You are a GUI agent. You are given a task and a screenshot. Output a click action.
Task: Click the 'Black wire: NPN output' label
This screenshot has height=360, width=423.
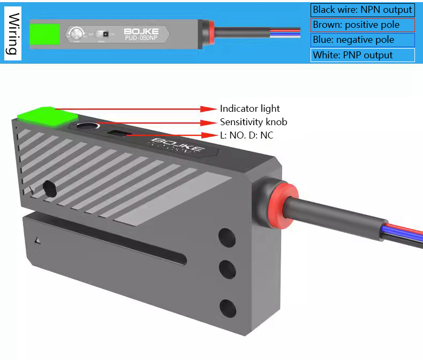tap(362, 10)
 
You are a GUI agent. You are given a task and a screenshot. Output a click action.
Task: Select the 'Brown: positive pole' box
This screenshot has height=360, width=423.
tap(362, 25)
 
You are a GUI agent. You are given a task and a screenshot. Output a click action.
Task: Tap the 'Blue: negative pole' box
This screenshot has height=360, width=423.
tap(362, 40)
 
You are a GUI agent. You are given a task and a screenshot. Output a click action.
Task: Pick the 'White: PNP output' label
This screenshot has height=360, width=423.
tap(362, 55)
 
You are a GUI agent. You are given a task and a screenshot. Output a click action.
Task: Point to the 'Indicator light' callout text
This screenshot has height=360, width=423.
tap(250, 109)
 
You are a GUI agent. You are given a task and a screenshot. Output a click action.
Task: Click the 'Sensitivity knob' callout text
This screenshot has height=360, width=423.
tap(253, 122)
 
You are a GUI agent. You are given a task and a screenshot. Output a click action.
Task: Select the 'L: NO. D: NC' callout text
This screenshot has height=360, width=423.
tap(246, 135)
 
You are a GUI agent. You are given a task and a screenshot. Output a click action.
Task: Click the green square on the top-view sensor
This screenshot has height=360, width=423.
tap(44, 33)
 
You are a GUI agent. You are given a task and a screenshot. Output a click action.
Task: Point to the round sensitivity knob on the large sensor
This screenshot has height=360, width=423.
tap(87, 126)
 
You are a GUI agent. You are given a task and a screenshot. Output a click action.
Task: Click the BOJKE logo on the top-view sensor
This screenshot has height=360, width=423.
tap(141, 31)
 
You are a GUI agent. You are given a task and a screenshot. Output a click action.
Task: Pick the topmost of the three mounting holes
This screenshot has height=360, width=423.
tap(227, 235)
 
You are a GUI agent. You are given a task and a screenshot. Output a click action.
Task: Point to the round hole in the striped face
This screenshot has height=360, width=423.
tap(49, 187)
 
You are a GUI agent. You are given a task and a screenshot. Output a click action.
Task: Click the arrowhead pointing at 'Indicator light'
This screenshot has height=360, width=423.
tap(209, 109)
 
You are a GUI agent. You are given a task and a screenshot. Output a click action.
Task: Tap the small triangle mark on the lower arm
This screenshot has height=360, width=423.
tap(37, 241)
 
